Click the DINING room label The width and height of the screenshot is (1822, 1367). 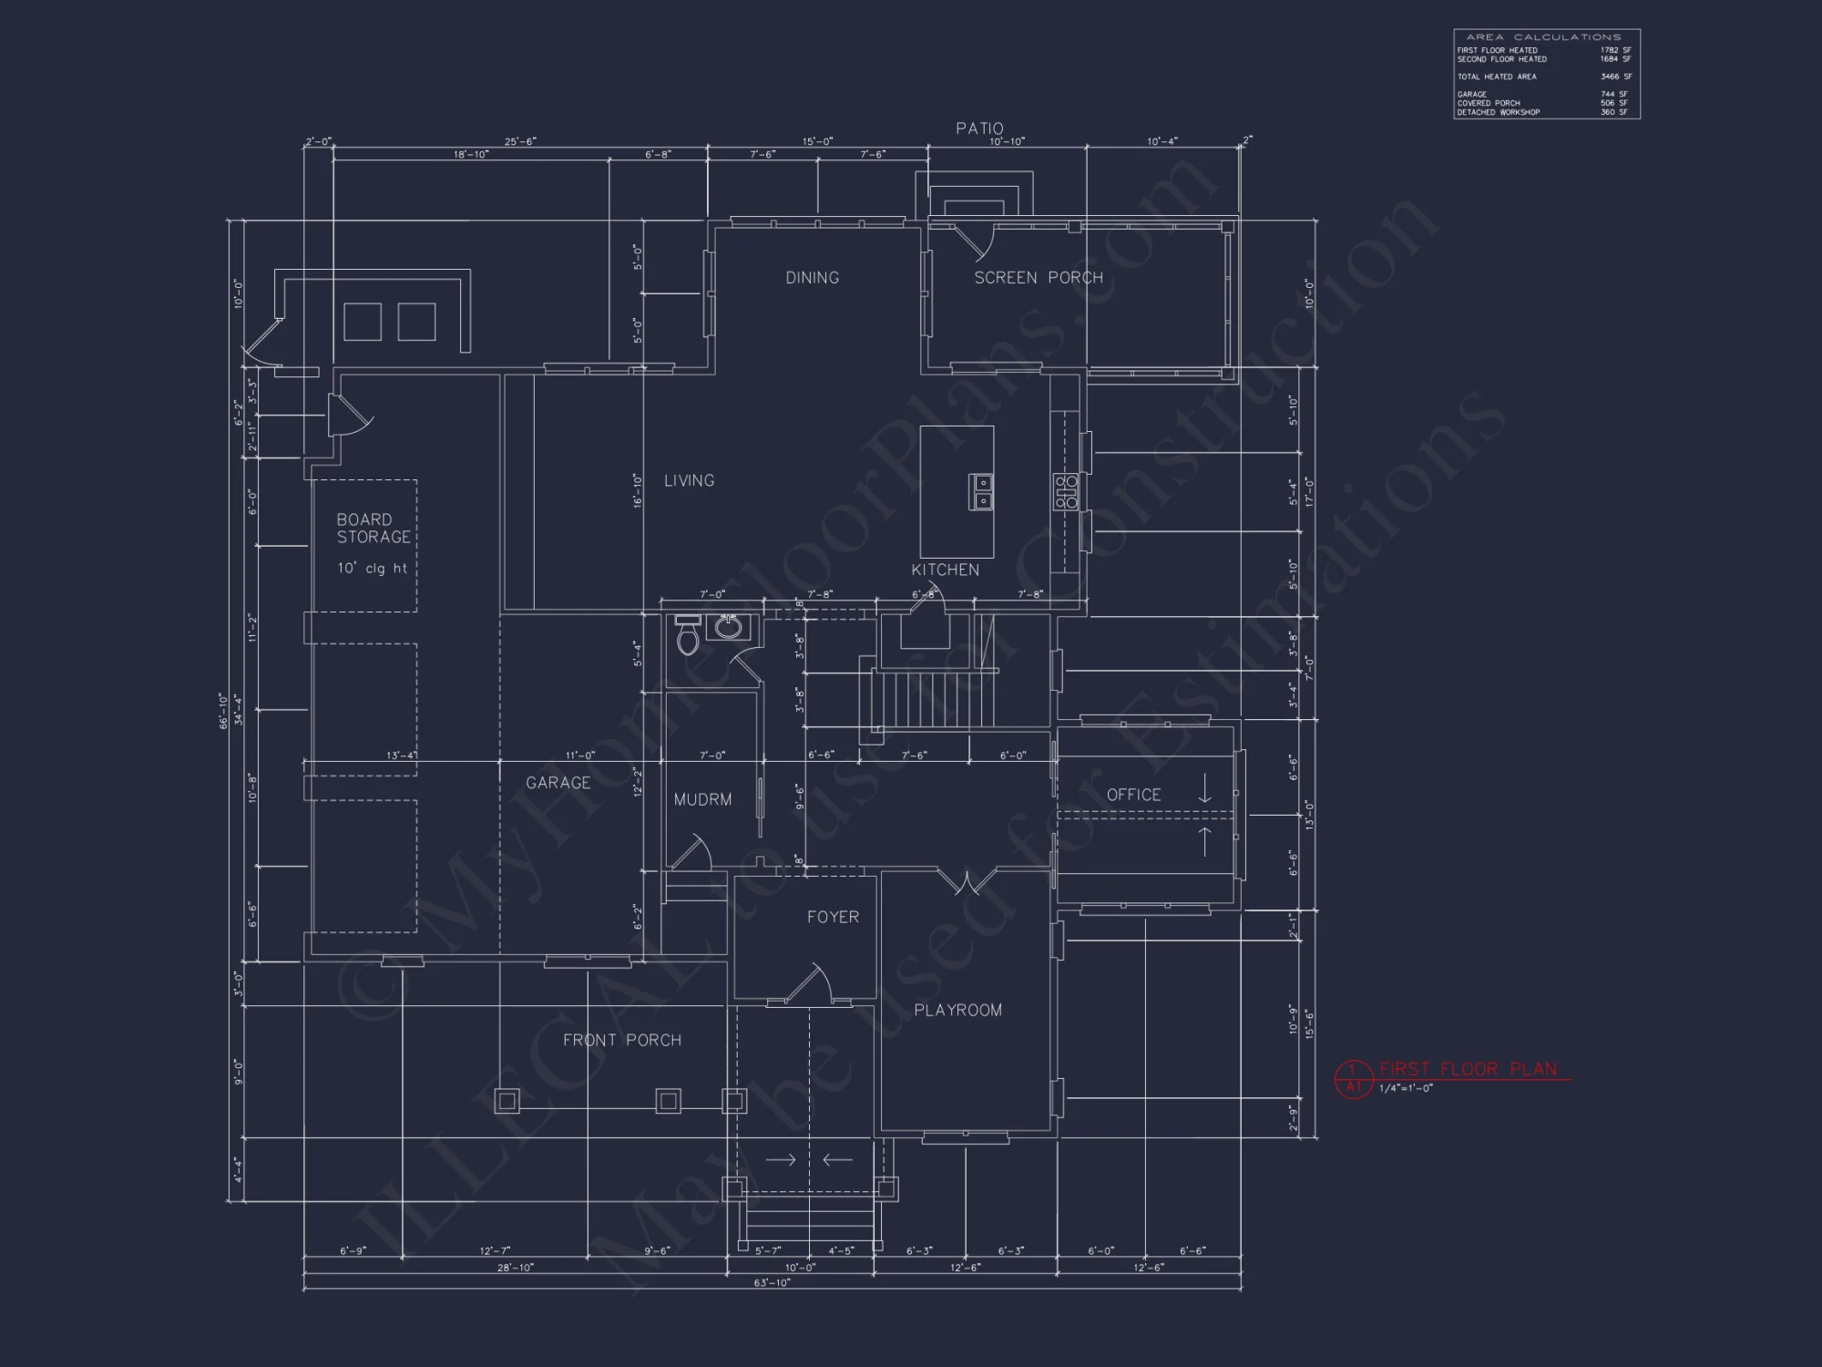pyautogui.click(x=812, y=278)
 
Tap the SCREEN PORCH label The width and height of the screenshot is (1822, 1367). pyautogui.click(x=1038, y=278)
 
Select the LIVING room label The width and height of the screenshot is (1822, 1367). pyautogui.click(x=689, y=480)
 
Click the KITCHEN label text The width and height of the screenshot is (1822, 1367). pyautogui.click(x=945, y=570)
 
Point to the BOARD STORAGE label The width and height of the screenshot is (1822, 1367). pyautogui.click(x=373, y=529)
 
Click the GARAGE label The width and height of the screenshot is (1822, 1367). pyautogui.click(x=558, y=783)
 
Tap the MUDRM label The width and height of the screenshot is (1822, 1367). pyautogui.click(x=702, y=799)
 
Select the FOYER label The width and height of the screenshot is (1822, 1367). pyautogui.click(x=833, y=917)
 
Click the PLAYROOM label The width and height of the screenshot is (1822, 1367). pyautogui.click(x=957, y=1010)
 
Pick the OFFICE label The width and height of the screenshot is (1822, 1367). pyautogui.click(x=1133, y=795)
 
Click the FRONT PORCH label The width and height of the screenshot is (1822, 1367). pyautogui.click(x=621, y=1040)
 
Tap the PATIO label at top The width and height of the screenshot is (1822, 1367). pyautogui.click(x=979, y=128)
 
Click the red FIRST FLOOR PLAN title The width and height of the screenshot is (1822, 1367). pyautogui.click(x=1468, y=1069)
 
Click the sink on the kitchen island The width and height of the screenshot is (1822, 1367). pyautogui.click(x=981, y=491)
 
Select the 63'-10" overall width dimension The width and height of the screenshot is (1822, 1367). pyautogui.click(x=772, y=1282)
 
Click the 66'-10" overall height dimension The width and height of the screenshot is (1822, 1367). pyautogui.click(x=223, y=711)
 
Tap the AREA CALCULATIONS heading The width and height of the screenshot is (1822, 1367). pyautogui.click(x=1543, y=37)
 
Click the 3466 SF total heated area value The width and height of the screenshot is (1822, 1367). pyautogui.click(x=1615, y=77)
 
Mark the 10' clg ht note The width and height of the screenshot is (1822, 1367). pyautogui.click(x=372, y=569)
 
